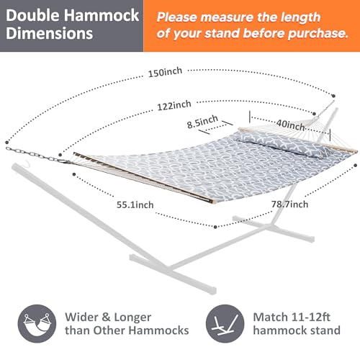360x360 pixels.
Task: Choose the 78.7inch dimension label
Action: pyautogui.click(x=289, y=204)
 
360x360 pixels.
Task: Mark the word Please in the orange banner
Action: pyautogui.click(x=181, y=14)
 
